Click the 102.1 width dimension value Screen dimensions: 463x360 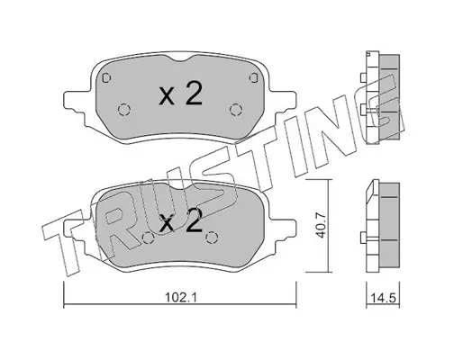point(180,298)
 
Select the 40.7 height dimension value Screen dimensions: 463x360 point(321,225)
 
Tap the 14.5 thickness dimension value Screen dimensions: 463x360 point(384,299)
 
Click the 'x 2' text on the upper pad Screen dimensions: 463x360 point(180,94)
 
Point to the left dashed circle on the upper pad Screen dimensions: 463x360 point(123,110)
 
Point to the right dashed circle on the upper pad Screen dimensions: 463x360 point(236,109)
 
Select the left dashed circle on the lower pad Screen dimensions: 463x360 point(148,238)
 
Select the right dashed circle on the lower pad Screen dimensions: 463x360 point(212,238)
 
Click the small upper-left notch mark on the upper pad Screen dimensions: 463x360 point(106,77)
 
